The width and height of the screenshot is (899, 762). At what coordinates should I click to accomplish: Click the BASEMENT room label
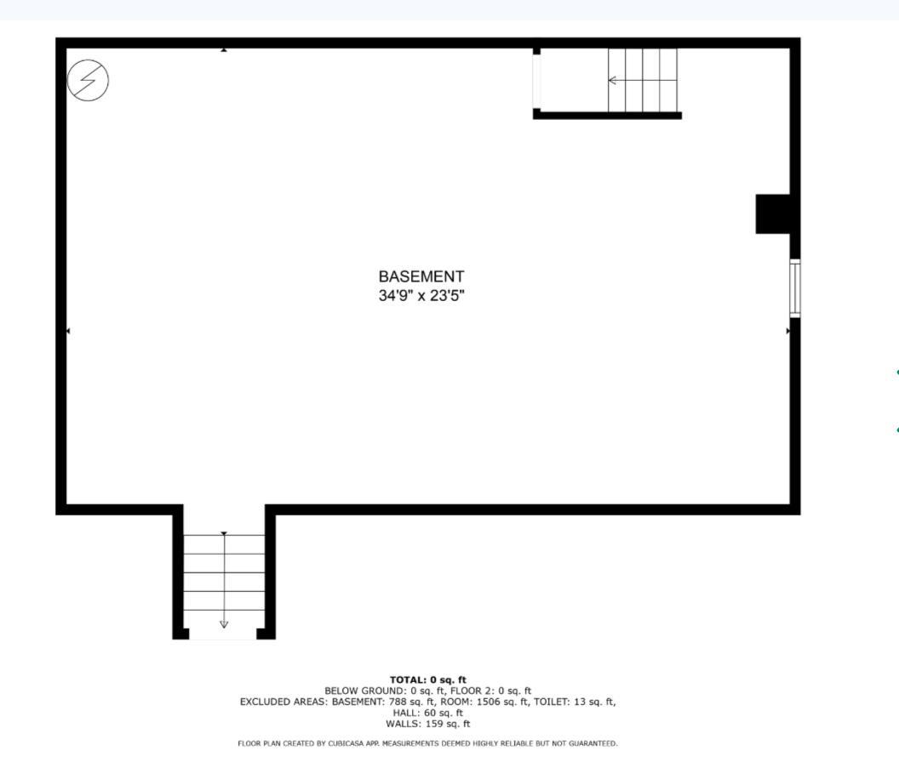coord(421,277)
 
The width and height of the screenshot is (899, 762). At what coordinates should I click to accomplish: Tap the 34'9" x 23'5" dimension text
coord(421,297)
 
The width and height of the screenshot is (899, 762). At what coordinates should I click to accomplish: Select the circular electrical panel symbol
coord(88,81)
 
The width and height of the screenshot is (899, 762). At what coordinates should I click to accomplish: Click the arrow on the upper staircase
coord(613,81)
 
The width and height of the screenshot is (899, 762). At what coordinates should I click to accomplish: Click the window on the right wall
coord(795,288)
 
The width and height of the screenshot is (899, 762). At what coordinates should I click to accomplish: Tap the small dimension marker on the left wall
coord(68,331)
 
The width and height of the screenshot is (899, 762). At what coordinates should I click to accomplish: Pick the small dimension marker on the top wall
coord(224,50)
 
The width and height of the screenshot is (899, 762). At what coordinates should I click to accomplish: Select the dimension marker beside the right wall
coord(787,331)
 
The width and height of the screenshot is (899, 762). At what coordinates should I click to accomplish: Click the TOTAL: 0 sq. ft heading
coord(428,680)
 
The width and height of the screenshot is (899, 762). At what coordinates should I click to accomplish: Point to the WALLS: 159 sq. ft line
coord(428,724)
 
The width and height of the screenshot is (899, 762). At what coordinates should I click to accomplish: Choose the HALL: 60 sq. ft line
coord(428,713)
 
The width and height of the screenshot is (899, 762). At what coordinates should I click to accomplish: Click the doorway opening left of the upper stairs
coord(536,81)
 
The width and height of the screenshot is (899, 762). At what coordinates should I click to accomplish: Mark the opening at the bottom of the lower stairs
coord(223,636)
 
